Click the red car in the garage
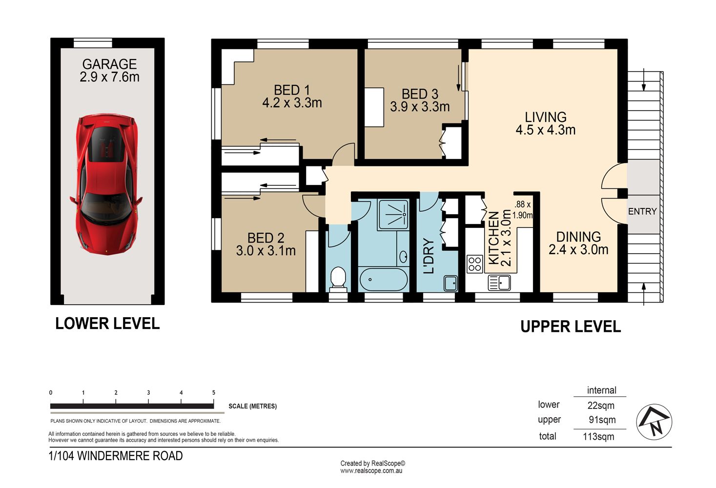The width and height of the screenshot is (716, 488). coord(106,185)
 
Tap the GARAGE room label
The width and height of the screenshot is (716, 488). coord(109,64)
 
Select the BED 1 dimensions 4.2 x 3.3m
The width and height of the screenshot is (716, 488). coord(292,103)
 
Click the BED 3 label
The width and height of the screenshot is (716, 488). coord(420,94)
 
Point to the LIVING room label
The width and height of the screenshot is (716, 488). coord(546,117)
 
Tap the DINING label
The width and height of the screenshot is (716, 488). coord(578,237)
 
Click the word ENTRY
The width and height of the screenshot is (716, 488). coord(642,211)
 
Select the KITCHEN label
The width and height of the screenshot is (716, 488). coord(494,238)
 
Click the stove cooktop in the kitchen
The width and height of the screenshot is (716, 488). coord(475,264)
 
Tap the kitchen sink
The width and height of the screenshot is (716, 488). coord(499,283)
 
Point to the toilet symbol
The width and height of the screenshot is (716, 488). coord(338,278)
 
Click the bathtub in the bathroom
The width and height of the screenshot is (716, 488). coord(384,279)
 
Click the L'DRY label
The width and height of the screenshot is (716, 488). coord(429,256)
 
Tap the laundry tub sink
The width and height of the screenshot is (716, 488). coord(450,283)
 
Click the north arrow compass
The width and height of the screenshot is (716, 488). coord(654,422)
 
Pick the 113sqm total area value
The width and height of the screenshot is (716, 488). coord(598,437)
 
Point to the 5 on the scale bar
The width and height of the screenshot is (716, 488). coord(214,392)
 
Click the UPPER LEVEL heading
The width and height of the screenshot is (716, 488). coord(571,326)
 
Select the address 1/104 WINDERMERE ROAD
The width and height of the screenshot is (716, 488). coord(116,456)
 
